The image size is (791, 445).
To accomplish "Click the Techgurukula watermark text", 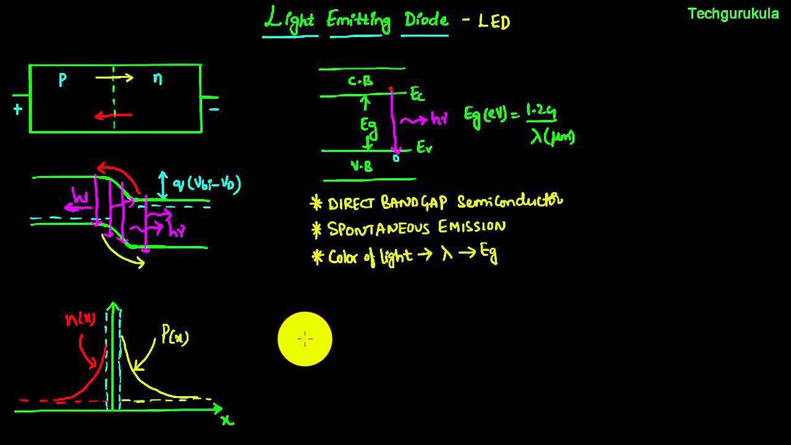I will coord(733,14).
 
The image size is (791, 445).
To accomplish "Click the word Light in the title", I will coord(289,20).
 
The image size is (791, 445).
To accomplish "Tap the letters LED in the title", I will coord(494,22).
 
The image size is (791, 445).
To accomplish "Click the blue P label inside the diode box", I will coord(62,80).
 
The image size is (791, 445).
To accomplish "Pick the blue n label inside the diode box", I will coord(158,78).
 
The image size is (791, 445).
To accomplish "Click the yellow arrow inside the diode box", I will coord(114,78).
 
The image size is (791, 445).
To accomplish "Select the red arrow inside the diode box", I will coord(114,115).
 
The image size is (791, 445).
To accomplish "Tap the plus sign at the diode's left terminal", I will coord(17,110).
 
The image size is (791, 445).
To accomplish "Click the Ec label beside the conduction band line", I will coord(418,94).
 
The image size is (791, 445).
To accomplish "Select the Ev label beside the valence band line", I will coord(424,148).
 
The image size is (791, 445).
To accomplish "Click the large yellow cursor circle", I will coord(305,339).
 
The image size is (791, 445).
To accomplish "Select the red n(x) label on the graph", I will coord(80,320).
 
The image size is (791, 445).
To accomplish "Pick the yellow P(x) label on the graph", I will coord(175,336).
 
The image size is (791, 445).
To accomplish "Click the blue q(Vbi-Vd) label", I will coord(206,184).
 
